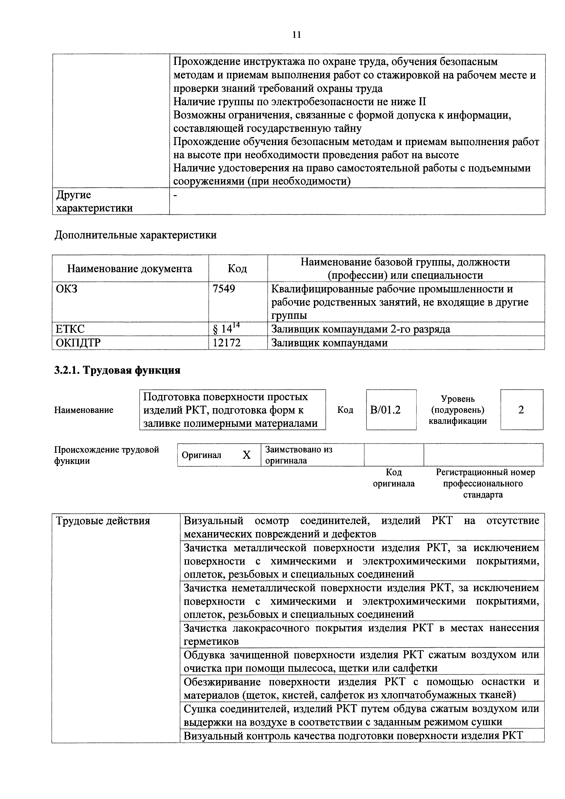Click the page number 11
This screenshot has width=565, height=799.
pyautogui.click(x=297, y=35)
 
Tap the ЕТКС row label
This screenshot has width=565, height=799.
pyautogui.click(x=70, y=329)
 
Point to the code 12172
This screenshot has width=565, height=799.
pyautogui.click(x=227, y=343)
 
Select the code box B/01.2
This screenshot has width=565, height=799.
pyautogui.click(x=386, y=410)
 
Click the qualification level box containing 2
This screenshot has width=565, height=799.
pyautogui.click(x=521, y=410)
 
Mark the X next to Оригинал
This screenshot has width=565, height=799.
pyautogui.click(x=247, y=455)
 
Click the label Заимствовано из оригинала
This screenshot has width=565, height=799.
pyautogui.click(x=298, y=455)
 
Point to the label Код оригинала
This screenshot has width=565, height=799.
pyautogui.click(x=394, y=478)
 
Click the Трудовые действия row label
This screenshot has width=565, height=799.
pyautogui.click(x=103, y=521)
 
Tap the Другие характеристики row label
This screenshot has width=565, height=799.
pyautogui.click(x=94, y=201)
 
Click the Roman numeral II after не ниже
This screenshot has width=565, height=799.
pyautogui.click(x=421, y=102)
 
